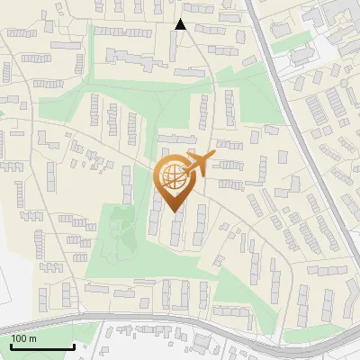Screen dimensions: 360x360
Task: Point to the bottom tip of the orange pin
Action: coord(173,211)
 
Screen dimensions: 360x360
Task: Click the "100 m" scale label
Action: coord(24,338)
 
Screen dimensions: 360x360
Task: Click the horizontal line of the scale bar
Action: coord(42,346)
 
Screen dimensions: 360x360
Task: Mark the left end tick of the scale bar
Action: coord(11,345)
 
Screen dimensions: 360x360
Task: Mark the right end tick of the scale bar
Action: coord(74,345)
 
